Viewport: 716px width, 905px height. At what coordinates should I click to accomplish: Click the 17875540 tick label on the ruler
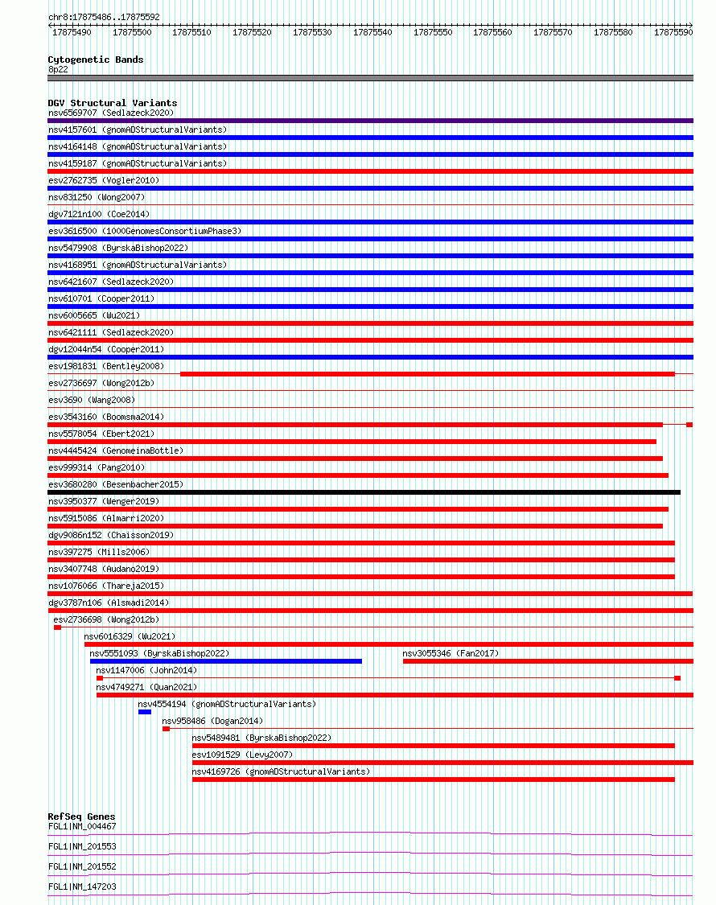(372, 32)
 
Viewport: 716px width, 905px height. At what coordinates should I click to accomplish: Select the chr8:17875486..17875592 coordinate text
(104, 17)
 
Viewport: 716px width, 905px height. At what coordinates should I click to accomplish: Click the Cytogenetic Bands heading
(95, 60)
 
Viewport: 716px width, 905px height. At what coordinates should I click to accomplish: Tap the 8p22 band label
(58, 69)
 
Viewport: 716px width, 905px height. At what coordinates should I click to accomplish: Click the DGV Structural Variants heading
(112, 103)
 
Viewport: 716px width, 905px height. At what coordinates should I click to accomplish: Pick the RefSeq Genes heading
(81, 817)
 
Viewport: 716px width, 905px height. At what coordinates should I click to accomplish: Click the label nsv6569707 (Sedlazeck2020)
(110, 113)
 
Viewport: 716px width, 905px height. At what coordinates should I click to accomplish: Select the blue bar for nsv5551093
(225, 661)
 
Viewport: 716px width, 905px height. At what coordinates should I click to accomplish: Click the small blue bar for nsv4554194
(145, 712)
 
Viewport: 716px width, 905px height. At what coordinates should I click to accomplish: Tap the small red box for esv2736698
(57, 627)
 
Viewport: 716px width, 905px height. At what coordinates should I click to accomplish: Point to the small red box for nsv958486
(166, 729)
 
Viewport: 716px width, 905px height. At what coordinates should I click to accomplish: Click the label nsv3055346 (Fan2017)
(451, 653)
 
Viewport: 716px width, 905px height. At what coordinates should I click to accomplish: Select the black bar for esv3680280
(364, 492)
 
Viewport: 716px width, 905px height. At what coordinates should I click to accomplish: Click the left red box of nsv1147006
(100, 678)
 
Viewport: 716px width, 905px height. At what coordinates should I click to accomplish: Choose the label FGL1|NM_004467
(82, 826)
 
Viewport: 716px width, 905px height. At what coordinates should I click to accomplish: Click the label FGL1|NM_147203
(82, 886)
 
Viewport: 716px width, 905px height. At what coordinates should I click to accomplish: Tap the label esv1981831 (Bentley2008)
(105, 366)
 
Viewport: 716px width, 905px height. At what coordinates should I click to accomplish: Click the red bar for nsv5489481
(433, 746)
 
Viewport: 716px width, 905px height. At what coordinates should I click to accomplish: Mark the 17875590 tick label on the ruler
(673, 32)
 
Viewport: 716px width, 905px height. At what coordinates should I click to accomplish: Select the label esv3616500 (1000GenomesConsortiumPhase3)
(144, 231)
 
